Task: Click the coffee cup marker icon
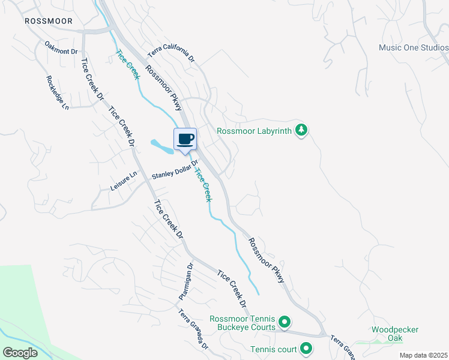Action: (185, 139)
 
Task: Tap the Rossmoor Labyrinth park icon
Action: (301, 130)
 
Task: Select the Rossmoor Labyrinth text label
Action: (254, 130)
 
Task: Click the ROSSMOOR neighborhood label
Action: (49, 21)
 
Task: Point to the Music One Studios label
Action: (414, 47)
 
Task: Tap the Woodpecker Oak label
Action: (394, 334)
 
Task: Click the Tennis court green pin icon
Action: (306, 348)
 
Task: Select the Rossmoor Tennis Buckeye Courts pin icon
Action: (285, 323)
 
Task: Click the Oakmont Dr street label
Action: (62, 48)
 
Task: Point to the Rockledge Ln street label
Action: (58, 92)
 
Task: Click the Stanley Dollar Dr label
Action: (175, 170)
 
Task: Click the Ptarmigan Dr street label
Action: (185, 282)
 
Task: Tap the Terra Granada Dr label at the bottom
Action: (193, 329)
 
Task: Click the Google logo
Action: (20, 353)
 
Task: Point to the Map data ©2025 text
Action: (423, 355)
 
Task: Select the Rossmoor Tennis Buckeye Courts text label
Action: (243, 323)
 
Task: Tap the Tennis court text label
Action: (273, 348)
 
